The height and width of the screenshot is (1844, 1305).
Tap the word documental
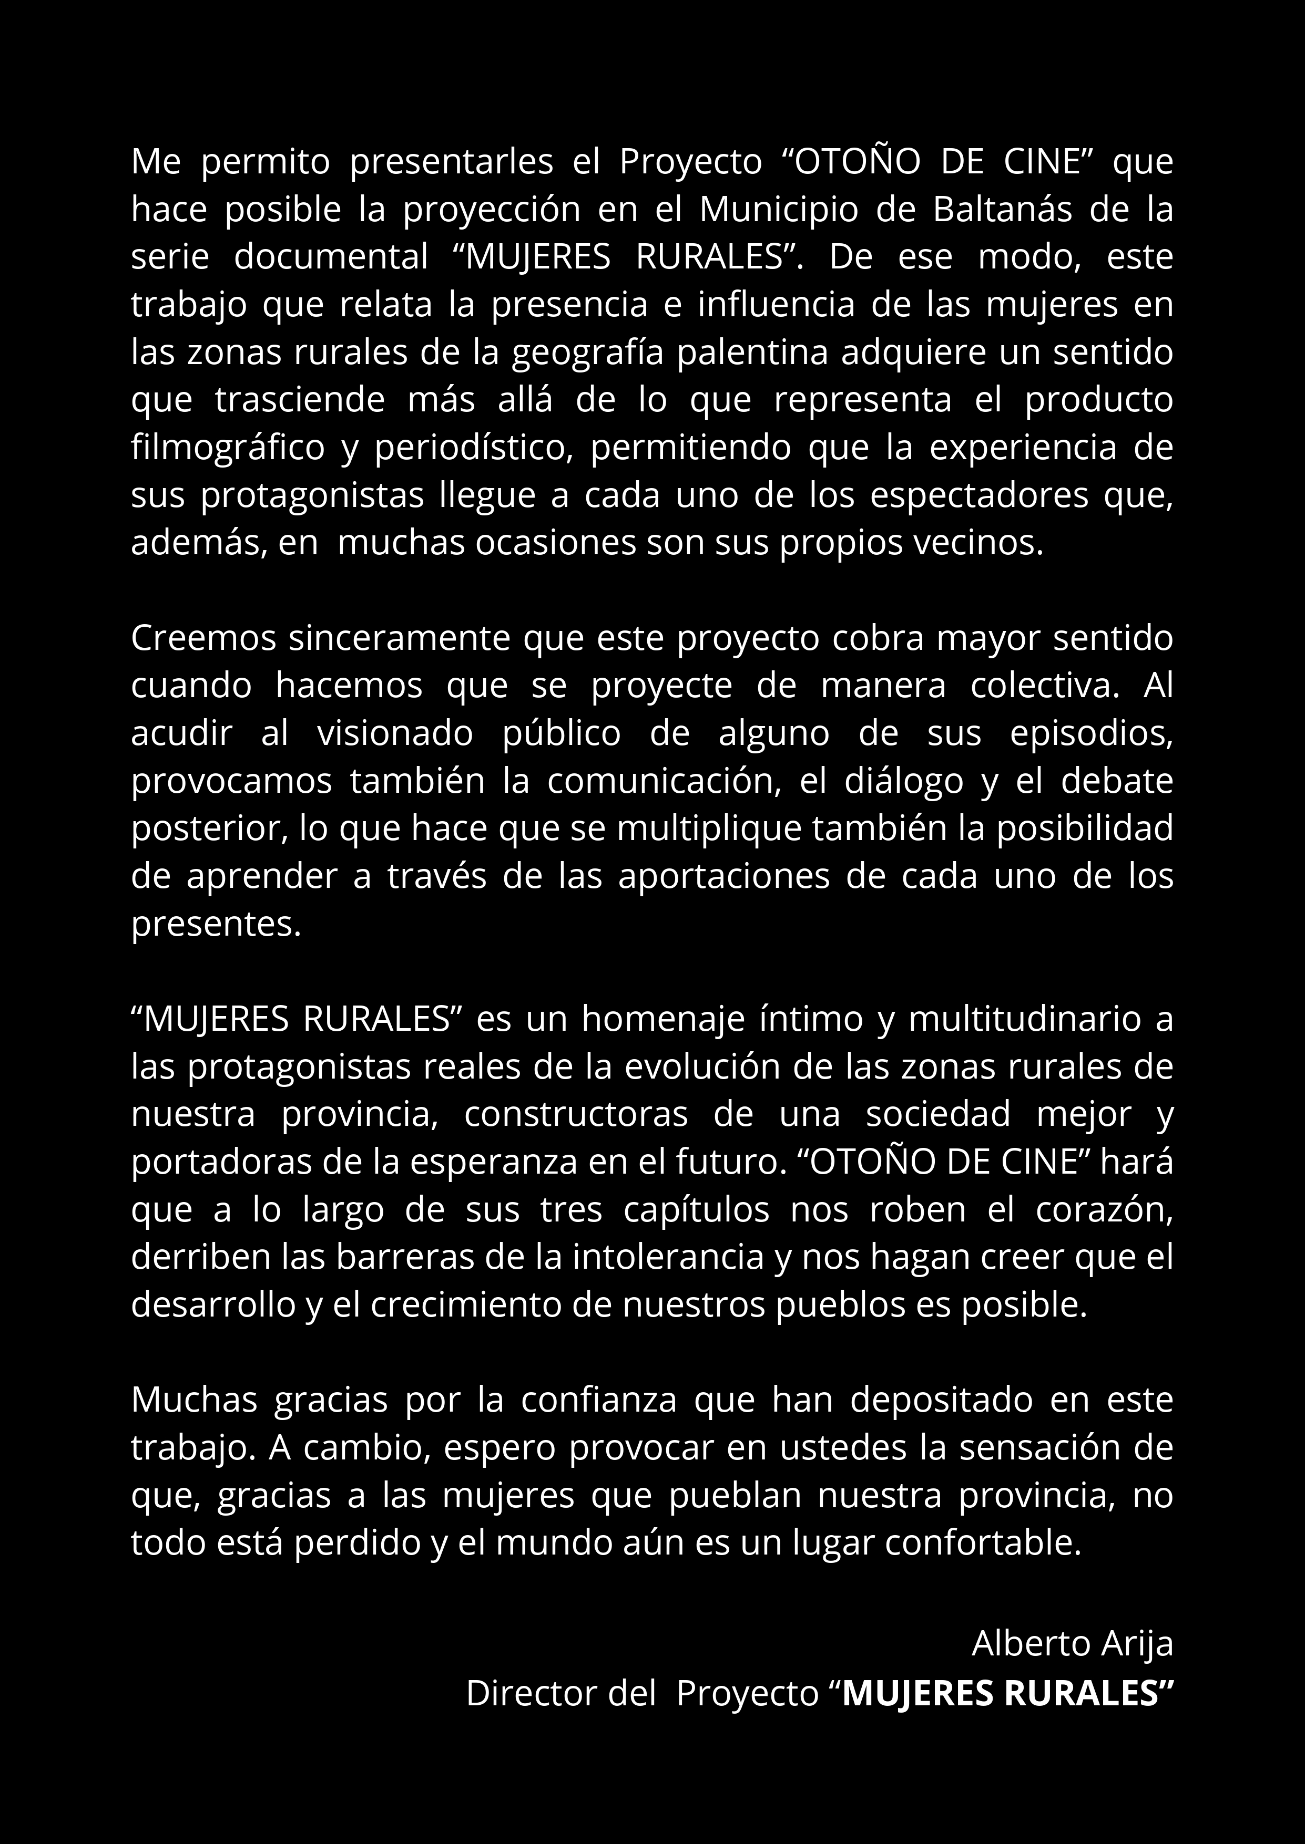click(331, 257)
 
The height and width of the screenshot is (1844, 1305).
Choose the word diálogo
click(904, 781)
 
